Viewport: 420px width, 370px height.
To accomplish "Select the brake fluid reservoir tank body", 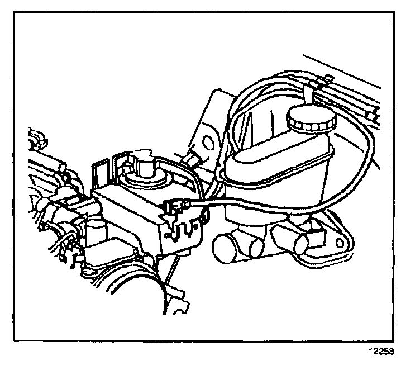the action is [x=279, y=168].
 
